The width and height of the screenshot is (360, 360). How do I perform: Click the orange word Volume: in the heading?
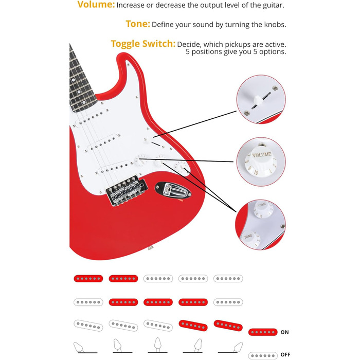(96, 5)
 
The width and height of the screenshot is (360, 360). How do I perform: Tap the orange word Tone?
(138, 24)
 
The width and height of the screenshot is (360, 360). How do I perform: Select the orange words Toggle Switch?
(143, 44)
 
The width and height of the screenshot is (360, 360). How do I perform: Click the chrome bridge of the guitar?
(126, 191)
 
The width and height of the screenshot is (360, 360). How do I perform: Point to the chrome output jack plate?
(173, 189)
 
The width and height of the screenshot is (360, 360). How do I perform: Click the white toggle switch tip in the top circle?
(258, 100)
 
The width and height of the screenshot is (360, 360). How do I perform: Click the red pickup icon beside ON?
(263, 332)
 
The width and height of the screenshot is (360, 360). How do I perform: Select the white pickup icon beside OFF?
(263, 356)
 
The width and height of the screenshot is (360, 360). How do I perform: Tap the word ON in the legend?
(285, 332)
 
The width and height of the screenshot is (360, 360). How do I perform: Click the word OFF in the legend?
(285, 355)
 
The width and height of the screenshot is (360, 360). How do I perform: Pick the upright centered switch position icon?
(158, 345)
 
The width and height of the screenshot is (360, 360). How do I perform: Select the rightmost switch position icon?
(230, 347)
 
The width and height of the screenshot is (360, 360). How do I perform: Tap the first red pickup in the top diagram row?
(88, 279)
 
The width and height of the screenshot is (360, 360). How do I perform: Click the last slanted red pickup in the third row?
(228, 326)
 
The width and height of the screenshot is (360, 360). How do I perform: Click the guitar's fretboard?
(81, 80)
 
